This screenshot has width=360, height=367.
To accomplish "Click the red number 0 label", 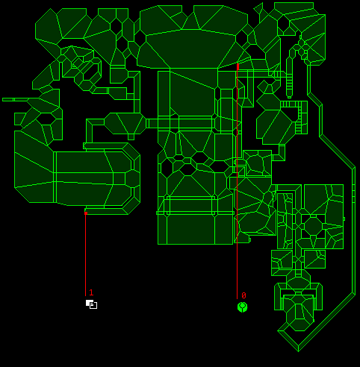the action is click(x=243, y=295).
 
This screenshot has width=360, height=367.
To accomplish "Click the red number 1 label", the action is click(x=91, y=292).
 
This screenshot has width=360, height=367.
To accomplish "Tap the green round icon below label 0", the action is click(x=242, y=307).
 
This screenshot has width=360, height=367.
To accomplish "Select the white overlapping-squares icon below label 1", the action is click(x=91, y=304).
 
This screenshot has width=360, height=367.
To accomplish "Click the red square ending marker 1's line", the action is click(x=86, y=213).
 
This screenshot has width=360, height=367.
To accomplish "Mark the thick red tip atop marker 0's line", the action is click(x=238, y=66).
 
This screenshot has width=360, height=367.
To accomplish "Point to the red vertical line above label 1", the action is click(x=85, y=255).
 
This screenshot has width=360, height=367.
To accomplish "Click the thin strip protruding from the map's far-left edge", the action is click(x=15, y=99).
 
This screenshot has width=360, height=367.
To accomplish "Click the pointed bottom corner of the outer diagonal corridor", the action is click(x=298, y=351).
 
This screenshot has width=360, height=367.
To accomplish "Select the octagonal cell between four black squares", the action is click(x=313, y=226).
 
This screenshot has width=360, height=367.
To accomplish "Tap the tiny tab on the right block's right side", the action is click(x=344, y=219).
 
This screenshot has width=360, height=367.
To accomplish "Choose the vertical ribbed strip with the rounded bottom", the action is click(x=289, y=85).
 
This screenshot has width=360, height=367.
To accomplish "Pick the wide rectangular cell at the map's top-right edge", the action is click(x=294, y=6).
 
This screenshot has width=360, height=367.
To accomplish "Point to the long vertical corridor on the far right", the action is click(x=353, y=231).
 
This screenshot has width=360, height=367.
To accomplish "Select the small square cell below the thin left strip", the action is click(x=20, y=119).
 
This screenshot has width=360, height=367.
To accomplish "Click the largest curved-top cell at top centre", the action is click(x=191, y=48).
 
